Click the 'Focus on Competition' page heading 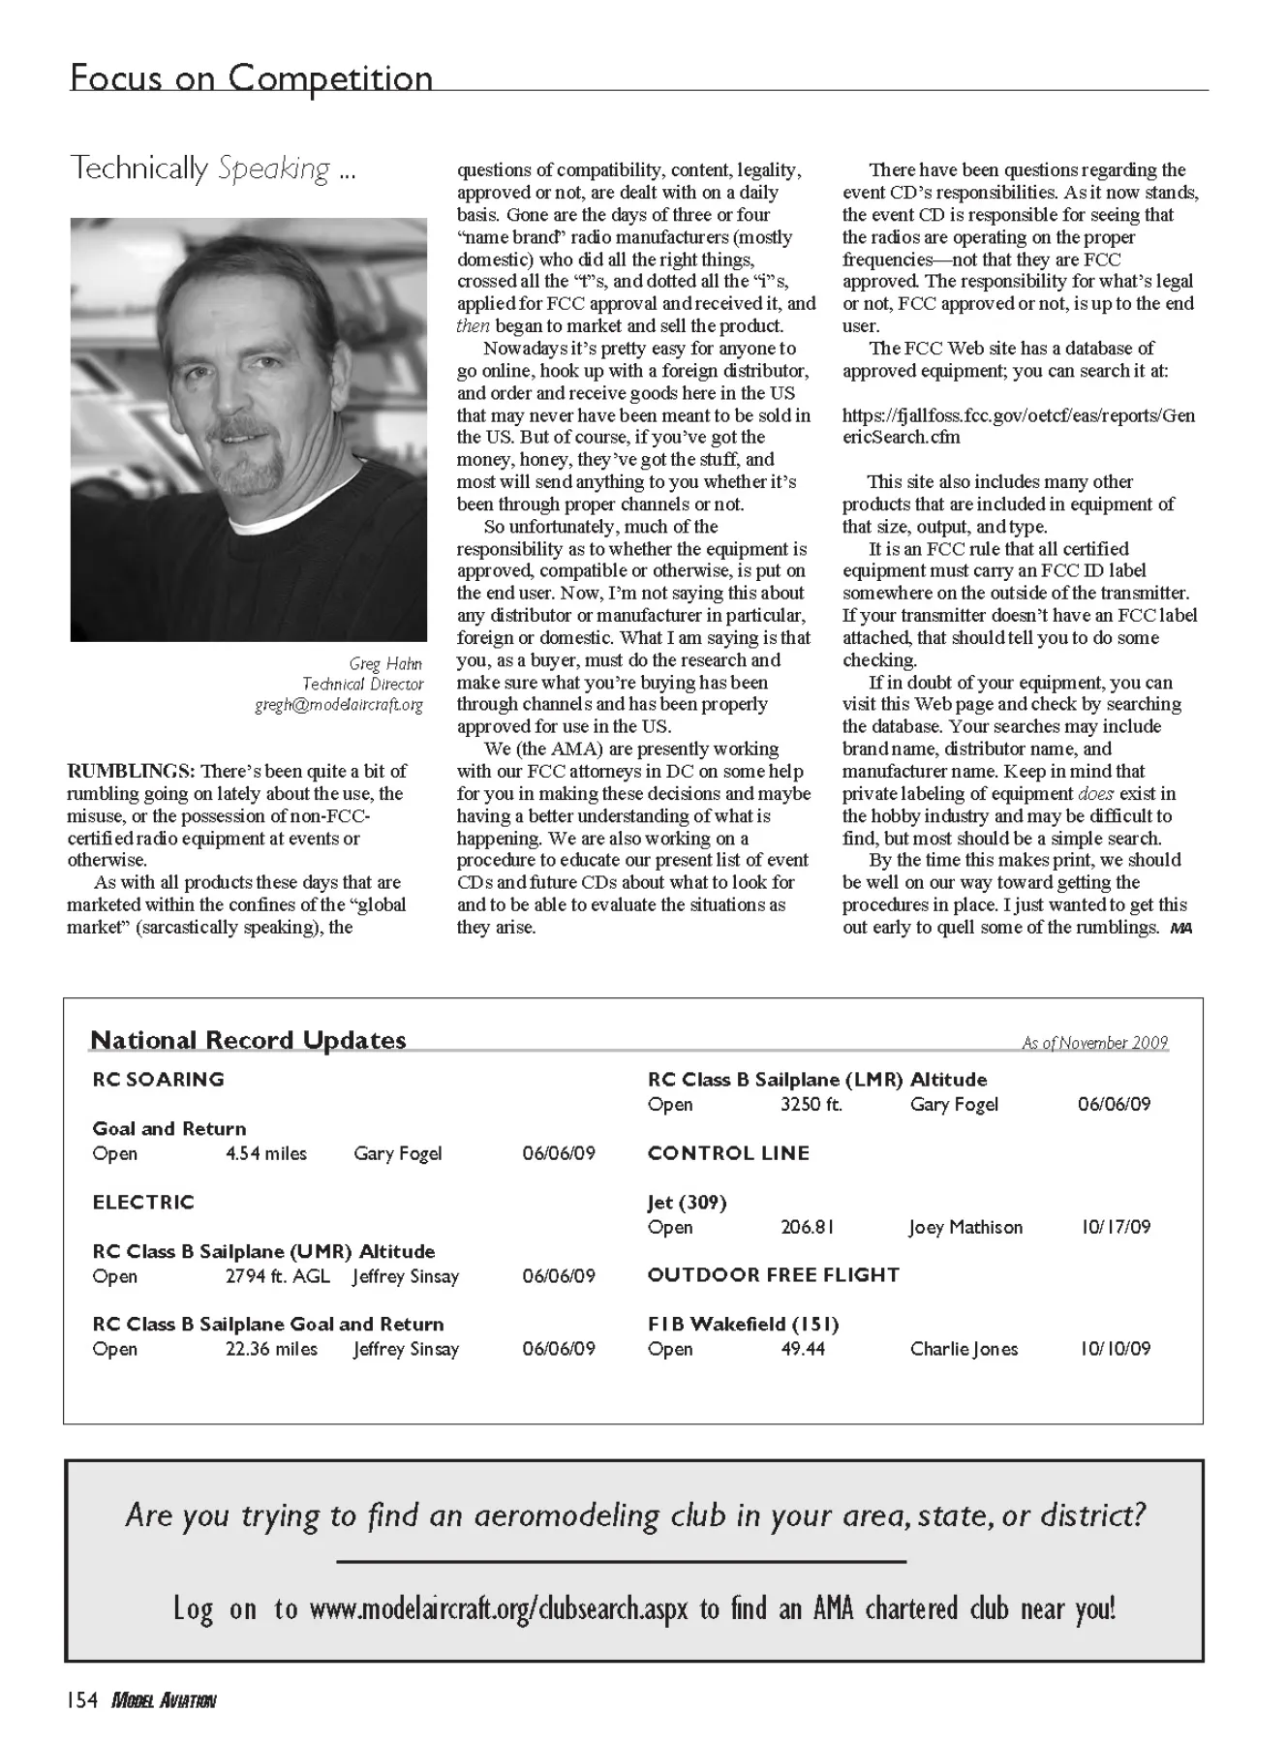pyautogui.click(x=251, y=77)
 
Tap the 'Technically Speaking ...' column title pyautogui.click(x=213, y=168)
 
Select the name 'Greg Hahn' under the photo pyautogui.click(x=385, y=663)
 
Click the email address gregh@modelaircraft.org pyautogui.click(x=339, y=705)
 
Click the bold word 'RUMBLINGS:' pyautogui.click(x=131, y=771)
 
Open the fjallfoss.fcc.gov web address pyautogui.click(x=1018, y=426)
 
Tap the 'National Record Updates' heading pyautogui.click(x=248, y=1040)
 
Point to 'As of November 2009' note pyautogui.click(x=1094, y=1043)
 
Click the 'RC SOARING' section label pyautogui.click(x=158, y=1079)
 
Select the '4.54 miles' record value pyautogui.click(x=266, y=1153)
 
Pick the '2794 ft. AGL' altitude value pyautogui.click(x=278, y=1276)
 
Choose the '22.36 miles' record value pyautogui.click(x=271, y=1349)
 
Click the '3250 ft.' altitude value pyautogui.click(x=811, y=1104)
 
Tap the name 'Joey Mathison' pyautogui.click(x=965, y=1227)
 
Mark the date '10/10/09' pyautogui.click(x=1116, y=1349)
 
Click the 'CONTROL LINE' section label pyautogui.click(x=728, y=1153)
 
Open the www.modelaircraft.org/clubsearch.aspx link pyautogui.click(x=499, y=1609)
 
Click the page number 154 pyautogui.click(x=83, y=1700)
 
